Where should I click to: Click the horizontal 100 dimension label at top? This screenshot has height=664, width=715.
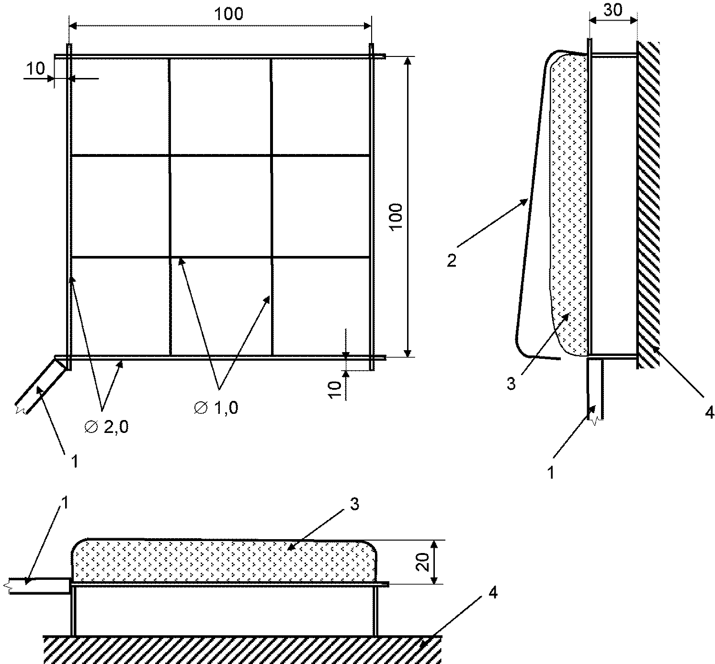(x=228, y=14)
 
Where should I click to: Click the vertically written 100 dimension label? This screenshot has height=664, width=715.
(x=396, y=217)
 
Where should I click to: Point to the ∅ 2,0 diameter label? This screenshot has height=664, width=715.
(x=107, y=427)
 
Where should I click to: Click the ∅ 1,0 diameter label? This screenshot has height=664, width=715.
(x=216, y=408)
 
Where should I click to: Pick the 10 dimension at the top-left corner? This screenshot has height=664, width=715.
(x=35, y=68)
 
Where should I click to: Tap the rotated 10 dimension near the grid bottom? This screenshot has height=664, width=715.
(x=335, y=389)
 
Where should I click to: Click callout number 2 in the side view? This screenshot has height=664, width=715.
(x=452, y=260)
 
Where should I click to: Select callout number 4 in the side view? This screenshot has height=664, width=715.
(x=709, y=412)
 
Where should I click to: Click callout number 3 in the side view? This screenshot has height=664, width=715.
(x=511, y=384)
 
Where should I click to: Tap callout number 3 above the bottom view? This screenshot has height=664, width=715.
(x=354, y=504)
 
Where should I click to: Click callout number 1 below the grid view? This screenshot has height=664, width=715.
(x=75, y=462)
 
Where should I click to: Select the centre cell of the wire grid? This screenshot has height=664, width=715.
(x=220, y=207)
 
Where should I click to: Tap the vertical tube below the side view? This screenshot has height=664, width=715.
(x=595, y=389)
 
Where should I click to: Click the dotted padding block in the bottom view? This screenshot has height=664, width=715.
(x=225, y=561)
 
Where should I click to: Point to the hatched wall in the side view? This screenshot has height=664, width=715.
(x=648, y=205)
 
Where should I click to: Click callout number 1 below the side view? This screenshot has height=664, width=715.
(x=551, y=472)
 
